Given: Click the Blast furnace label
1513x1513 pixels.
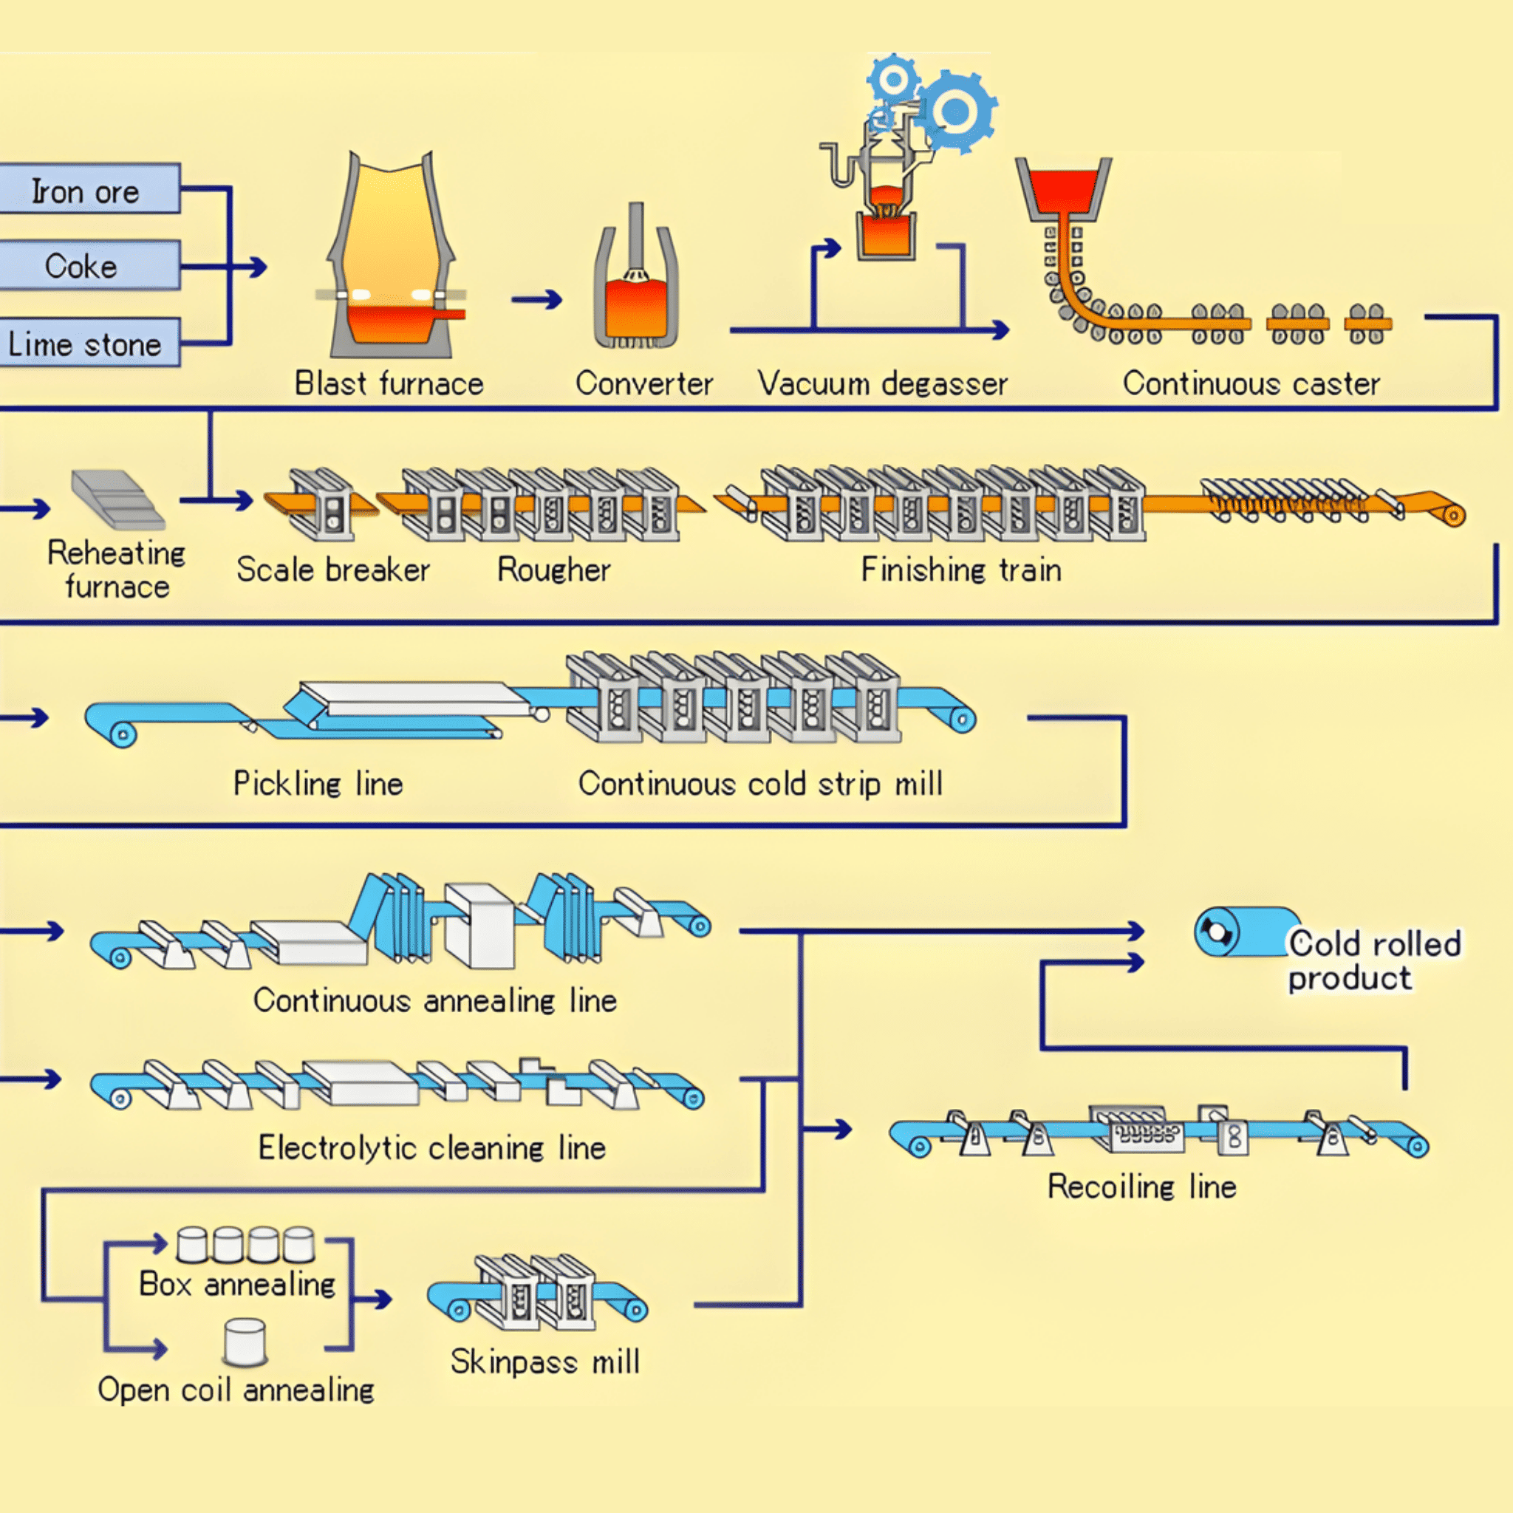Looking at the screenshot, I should [389, 383].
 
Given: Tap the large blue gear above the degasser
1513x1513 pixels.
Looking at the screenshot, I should [954, 112].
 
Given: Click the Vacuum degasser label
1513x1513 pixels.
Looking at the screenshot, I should [883, 383].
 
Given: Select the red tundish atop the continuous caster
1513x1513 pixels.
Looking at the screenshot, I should [1062, 191].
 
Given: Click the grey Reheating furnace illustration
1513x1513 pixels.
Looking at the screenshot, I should [117, 499].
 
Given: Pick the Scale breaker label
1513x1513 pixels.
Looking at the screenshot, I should [333, 570].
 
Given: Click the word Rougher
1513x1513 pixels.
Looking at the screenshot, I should [553, 570].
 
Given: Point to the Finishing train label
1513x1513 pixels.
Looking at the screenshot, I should [961, 570].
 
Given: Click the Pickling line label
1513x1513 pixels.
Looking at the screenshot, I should [318, 784].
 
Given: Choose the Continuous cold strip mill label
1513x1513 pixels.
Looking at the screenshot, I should [760, 784].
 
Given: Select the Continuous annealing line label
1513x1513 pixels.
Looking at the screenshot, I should [434, 1001].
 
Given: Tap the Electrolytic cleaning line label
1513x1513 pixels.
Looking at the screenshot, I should [431, 1148].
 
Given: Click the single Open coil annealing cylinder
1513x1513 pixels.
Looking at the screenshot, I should [245, 1341].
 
